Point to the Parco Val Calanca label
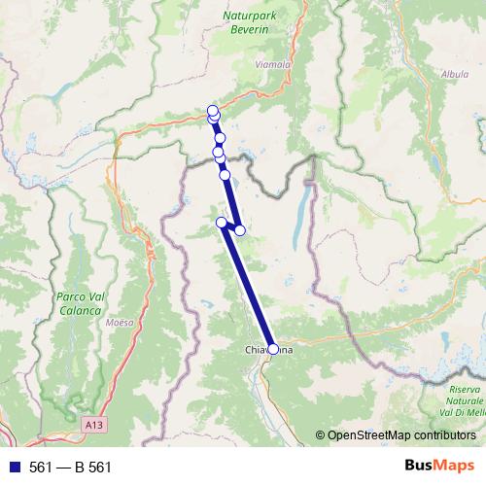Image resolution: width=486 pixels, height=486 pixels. pos(79,302)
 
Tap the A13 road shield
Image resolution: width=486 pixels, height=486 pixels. pos(93,424)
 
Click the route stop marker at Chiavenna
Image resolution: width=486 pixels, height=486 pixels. pos(273,349)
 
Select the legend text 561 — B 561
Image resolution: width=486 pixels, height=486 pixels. pos(71,467)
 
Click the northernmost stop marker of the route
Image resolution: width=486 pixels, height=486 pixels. pos(212,110)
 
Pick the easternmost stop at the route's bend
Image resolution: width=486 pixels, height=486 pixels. pos(240,230)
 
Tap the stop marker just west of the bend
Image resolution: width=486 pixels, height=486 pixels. pos(222,224)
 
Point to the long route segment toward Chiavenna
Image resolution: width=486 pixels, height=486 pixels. pos(249,290)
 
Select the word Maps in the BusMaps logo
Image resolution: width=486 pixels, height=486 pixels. pos(452,467)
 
